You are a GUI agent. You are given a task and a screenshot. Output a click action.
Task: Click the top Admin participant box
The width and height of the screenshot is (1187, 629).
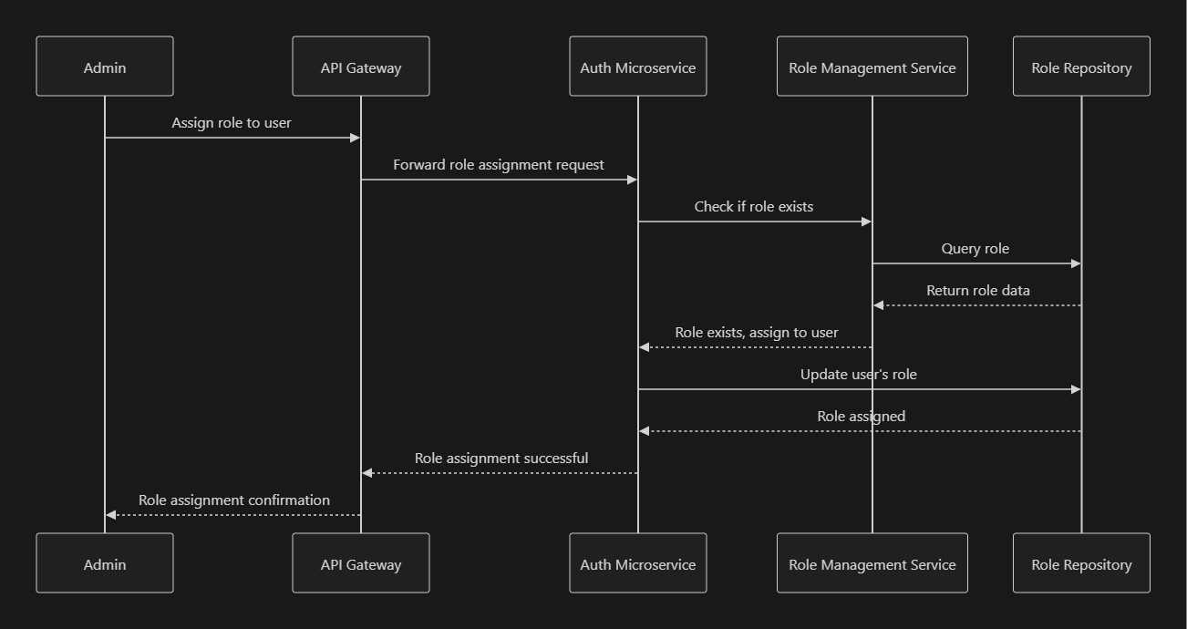point(105,67)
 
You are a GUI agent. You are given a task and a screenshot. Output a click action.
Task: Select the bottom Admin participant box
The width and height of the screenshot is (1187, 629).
point(105,563)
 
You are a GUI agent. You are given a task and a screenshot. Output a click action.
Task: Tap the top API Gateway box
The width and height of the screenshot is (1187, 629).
point(361,67)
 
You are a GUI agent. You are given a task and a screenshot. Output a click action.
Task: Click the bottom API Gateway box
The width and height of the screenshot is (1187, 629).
point(361,563)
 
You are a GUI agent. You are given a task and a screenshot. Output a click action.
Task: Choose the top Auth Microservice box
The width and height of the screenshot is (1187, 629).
point(638,67)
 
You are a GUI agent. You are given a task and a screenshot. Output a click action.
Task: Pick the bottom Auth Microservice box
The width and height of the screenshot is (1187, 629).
point(638,563)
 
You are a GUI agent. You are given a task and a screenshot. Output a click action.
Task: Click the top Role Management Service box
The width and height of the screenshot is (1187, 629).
point(872,67)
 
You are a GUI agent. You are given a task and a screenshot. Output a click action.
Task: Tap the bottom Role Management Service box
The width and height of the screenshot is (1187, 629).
point(872,563)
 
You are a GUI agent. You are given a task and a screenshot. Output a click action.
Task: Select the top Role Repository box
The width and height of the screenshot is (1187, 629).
point(1081,67)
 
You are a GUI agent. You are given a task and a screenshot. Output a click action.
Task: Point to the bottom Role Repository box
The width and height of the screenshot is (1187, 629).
point(1081,563)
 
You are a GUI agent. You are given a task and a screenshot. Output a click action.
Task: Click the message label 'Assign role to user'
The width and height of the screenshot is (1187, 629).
point(232,123)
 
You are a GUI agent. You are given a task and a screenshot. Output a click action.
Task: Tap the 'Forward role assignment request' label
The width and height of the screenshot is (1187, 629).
point(499,165)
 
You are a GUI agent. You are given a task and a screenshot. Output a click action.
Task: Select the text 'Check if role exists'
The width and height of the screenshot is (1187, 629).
point(754,207)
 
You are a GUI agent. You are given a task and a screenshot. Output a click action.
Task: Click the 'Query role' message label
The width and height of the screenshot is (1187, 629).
point(975,249)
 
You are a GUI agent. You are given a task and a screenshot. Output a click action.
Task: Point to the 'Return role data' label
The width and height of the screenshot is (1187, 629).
point(978,291)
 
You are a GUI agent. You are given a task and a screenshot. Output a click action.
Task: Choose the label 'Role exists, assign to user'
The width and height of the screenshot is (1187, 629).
point(757,333)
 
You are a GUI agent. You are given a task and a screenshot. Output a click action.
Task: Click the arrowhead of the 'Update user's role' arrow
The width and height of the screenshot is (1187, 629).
point(1076,389)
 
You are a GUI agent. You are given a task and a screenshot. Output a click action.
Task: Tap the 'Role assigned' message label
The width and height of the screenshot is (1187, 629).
point(862,417)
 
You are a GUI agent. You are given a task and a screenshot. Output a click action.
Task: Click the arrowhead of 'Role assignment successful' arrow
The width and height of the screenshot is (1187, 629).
point(367,473)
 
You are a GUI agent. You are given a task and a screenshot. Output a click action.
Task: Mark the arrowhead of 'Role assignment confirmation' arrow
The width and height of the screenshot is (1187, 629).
point(111,515)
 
